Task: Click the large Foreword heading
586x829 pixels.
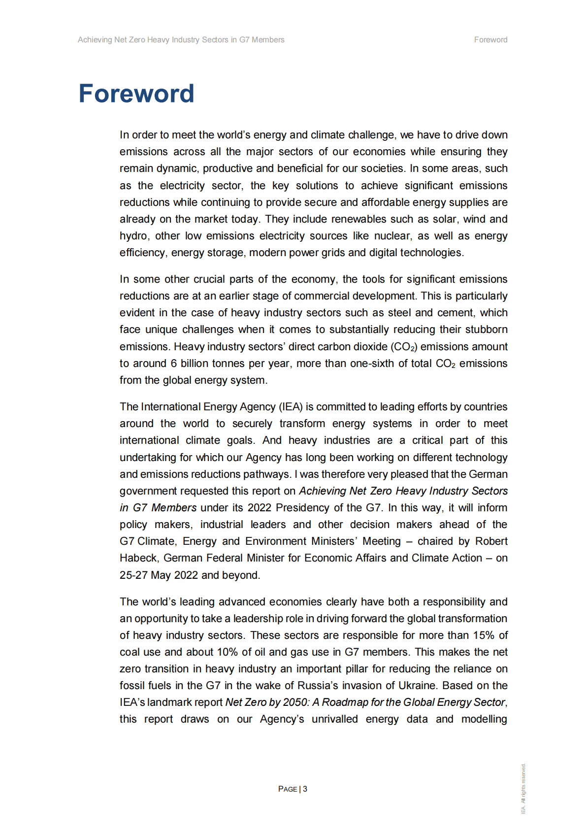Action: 136,94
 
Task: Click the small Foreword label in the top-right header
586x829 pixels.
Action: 490,40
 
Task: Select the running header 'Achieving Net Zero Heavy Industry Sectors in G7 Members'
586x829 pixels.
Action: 181,40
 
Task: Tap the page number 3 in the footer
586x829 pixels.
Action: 305,789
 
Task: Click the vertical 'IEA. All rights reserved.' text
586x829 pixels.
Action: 523,788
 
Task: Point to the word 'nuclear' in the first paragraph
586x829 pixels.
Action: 393,236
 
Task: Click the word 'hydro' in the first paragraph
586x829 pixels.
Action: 133,236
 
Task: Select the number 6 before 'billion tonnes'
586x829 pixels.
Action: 174,364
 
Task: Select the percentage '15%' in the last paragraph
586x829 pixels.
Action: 484,635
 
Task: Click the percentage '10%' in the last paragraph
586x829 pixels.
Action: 228,652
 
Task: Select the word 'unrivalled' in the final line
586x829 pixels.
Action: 334,719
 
